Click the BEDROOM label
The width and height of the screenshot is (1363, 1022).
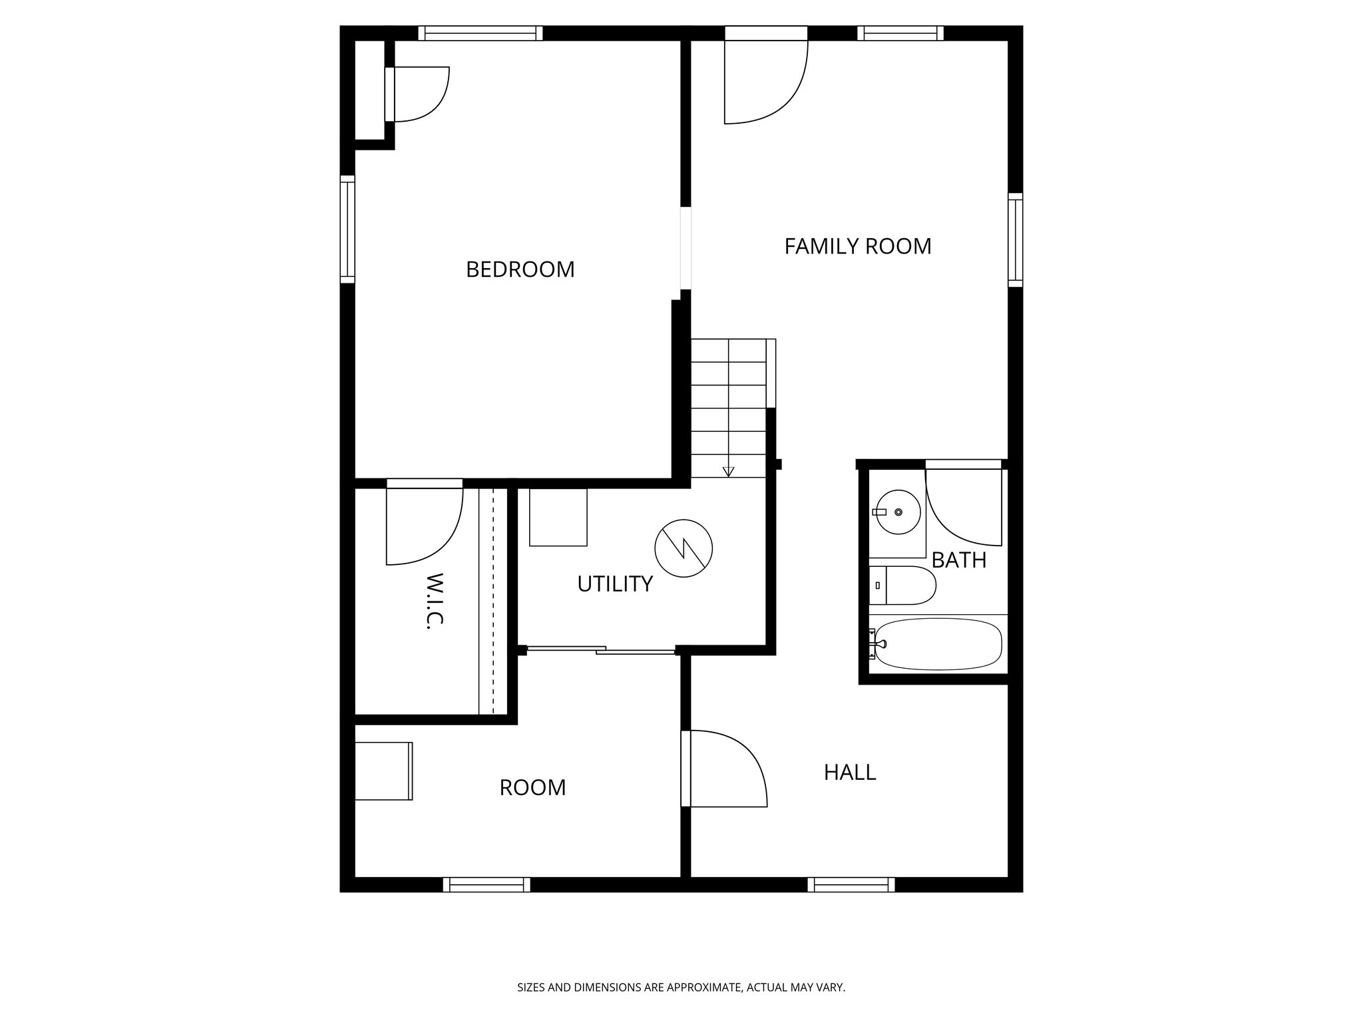(x=520, y=269)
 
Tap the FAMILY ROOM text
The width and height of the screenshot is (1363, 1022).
(x=857, y=246)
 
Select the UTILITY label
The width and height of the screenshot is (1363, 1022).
(x=614, y=584)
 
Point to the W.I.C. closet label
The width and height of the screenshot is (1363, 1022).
(x=434, y=600)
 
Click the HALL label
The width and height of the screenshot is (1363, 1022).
(x=849, y=772)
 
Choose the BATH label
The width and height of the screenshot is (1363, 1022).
(x=958, y=560)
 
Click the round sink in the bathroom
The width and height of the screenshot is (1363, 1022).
(x=897, y=512)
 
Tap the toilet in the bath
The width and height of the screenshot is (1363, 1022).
(x=902, y=586)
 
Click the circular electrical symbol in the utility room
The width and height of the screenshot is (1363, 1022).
(x=683, y=548)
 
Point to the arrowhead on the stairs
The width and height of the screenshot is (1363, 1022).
(x=729, y=472)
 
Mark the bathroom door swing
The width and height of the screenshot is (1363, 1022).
(x=963, y=506)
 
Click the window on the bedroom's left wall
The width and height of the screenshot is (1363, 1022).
(x=347, y=230)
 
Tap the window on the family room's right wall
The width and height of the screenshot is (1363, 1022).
(x=1015, y=240)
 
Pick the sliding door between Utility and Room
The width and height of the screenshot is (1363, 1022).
(x=601, y=650)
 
